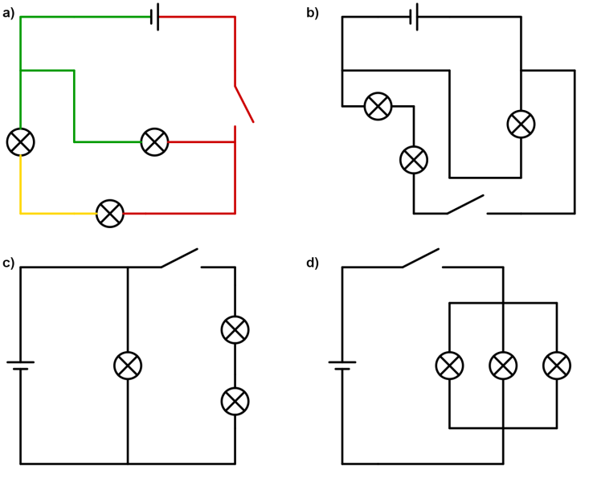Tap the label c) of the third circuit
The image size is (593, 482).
coord(9,263)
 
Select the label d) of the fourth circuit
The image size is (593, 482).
coord(313,263)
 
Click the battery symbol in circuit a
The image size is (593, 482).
coord(155,17)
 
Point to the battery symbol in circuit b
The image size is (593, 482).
coord(414,17)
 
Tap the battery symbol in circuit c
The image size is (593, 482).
coord(20,366)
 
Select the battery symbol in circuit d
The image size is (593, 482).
coord(342,366)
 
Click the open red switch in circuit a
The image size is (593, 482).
coord(243,104)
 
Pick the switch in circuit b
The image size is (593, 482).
coord(466,205)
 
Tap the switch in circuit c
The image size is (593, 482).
coord(180,258)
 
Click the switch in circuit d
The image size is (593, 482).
coord(421,258)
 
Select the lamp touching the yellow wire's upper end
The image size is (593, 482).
coord(20,142)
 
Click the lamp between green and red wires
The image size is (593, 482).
coord(154,142)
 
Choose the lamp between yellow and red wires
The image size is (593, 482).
coord(110,214)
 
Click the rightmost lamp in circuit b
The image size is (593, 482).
coord(521,124)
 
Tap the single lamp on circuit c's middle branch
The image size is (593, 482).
coord(128,366)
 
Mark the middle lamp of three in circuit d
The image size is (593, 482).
coord(503,366)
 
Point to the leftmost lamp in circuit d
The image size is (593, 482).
coord(449,366)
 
